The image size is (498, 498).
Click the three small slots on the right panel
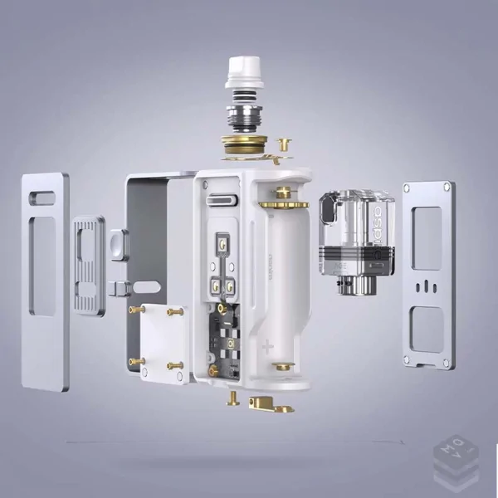[x=427, y=286]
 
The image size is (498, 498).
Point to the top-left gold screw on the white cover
[x=134, y=310]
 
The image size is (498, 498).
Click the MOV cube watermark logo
[x=456, y=459]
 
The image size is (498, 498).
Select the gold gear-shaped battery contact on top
[x=282, y=202]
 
